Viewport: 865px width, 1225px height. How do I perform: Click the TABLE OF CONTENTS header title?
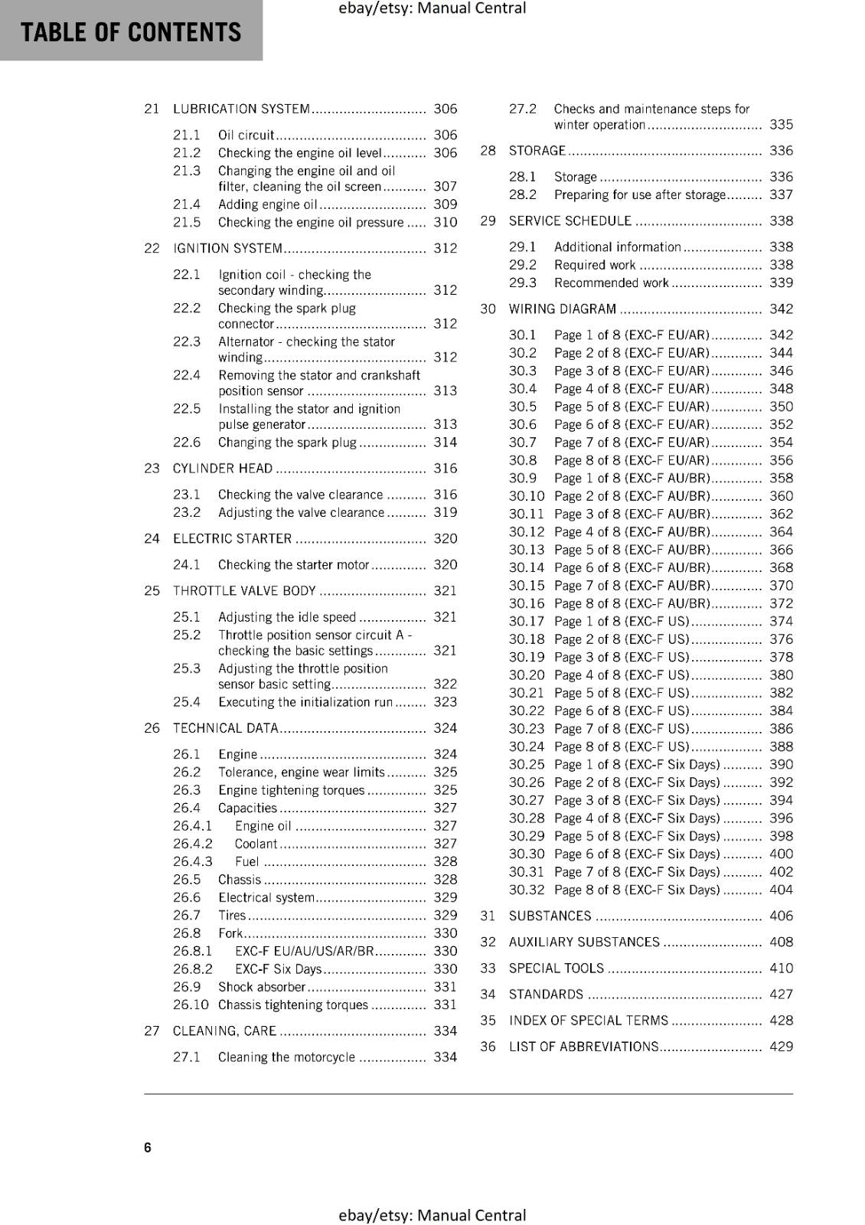131,32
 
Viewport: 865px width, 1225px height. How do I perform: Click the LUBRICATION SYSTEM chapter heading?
241,109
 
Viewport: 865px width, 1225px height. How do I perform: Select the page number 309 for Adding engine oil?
445,204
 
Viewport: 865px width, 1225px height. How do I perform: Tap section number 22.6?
187,443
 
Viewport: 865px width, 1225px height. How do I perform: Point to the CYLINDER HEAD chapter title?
223,469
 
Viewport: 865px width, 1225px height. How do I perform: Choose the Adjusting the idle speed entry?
287,617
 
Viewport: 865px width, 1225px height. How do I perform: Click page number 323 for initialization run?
445,702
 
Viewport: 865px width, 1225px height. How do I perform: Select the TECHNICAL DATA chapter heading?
225,728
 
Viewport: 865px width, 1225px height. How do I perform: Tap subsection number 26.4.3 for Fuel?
193,862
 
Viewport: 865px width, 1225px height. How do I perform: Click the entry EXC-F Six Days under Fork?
279,969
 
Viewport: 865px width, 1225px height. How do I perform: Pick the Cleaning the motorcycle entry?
286,1057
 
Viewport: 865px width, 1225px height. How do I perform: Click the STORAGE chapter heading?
537,151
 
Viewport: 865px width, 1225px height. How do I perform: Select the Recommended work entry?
611,283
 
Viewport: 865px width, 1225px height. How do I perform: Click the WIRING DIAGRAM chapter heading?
562,309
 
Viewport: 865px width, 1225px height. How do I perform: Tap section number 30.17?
526,622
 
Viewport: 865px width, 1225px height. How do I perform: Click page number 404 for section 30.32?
781,890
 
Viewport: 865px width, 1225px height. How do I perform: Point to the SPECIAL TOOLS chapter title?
556,969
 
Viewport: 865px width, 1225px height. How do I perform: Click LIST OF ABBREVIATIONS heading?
583,1047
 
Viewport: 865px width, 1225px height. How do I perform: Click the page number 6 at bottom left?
148,1148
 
